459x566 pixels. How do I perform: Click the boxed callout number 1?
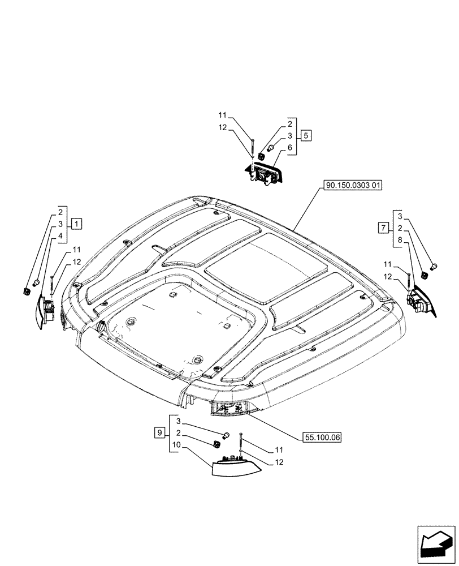(x=77, y=222)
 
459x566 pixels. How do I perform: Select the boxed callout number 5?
(x=305, y=136)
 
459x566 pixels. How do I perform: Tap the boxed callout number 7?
(x=383, y=228)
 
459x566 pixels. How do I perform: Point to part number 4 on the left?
(x=60, y=234)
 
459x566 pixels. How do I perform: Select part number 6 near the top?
(x=289, y=148)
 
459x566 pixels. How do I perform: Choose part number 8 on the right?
(x=400, y=240)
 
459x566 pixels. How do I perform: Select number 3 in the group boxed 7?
(x=400, y=216)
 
